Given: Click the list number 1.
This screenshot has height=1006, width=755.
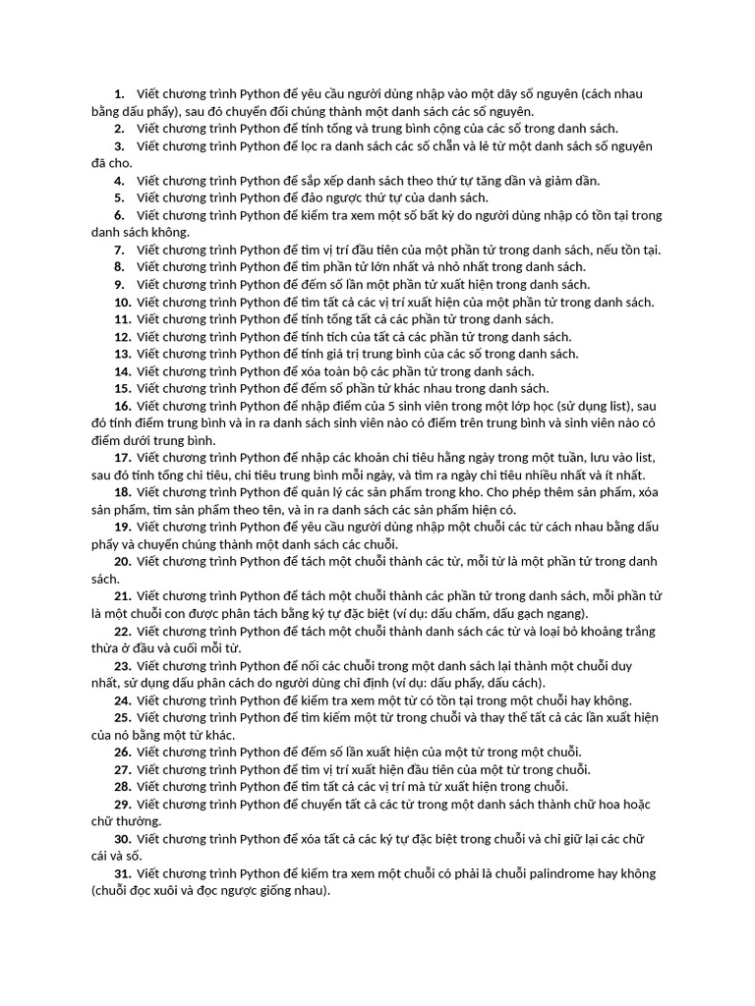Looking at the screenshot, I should (x=119, y=94).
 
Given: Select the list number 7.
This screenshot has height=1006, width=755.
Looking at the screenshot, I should (x=119, y=250).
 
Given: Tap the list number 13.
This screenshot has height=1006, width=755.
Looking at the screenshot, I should (x=123, y=354).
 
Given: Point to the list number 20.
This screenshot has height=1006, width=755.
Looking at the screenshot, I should (x=123, y=561).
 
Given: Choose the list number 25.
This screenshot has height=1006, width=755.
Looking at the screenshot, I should (x=123, y=718).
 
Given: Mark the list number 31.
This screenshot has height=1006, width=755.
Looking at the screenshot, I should (x=123, y=873).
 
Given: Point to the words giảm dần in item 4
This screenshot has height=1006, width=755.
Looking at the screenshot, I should (x=571, y=181).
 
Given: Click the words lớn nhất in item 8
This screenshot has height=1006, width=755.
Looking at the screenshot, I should (x=400, y=267).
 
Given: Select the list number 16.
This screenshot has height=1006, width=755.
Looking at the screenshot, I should (x=123, y=406).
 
